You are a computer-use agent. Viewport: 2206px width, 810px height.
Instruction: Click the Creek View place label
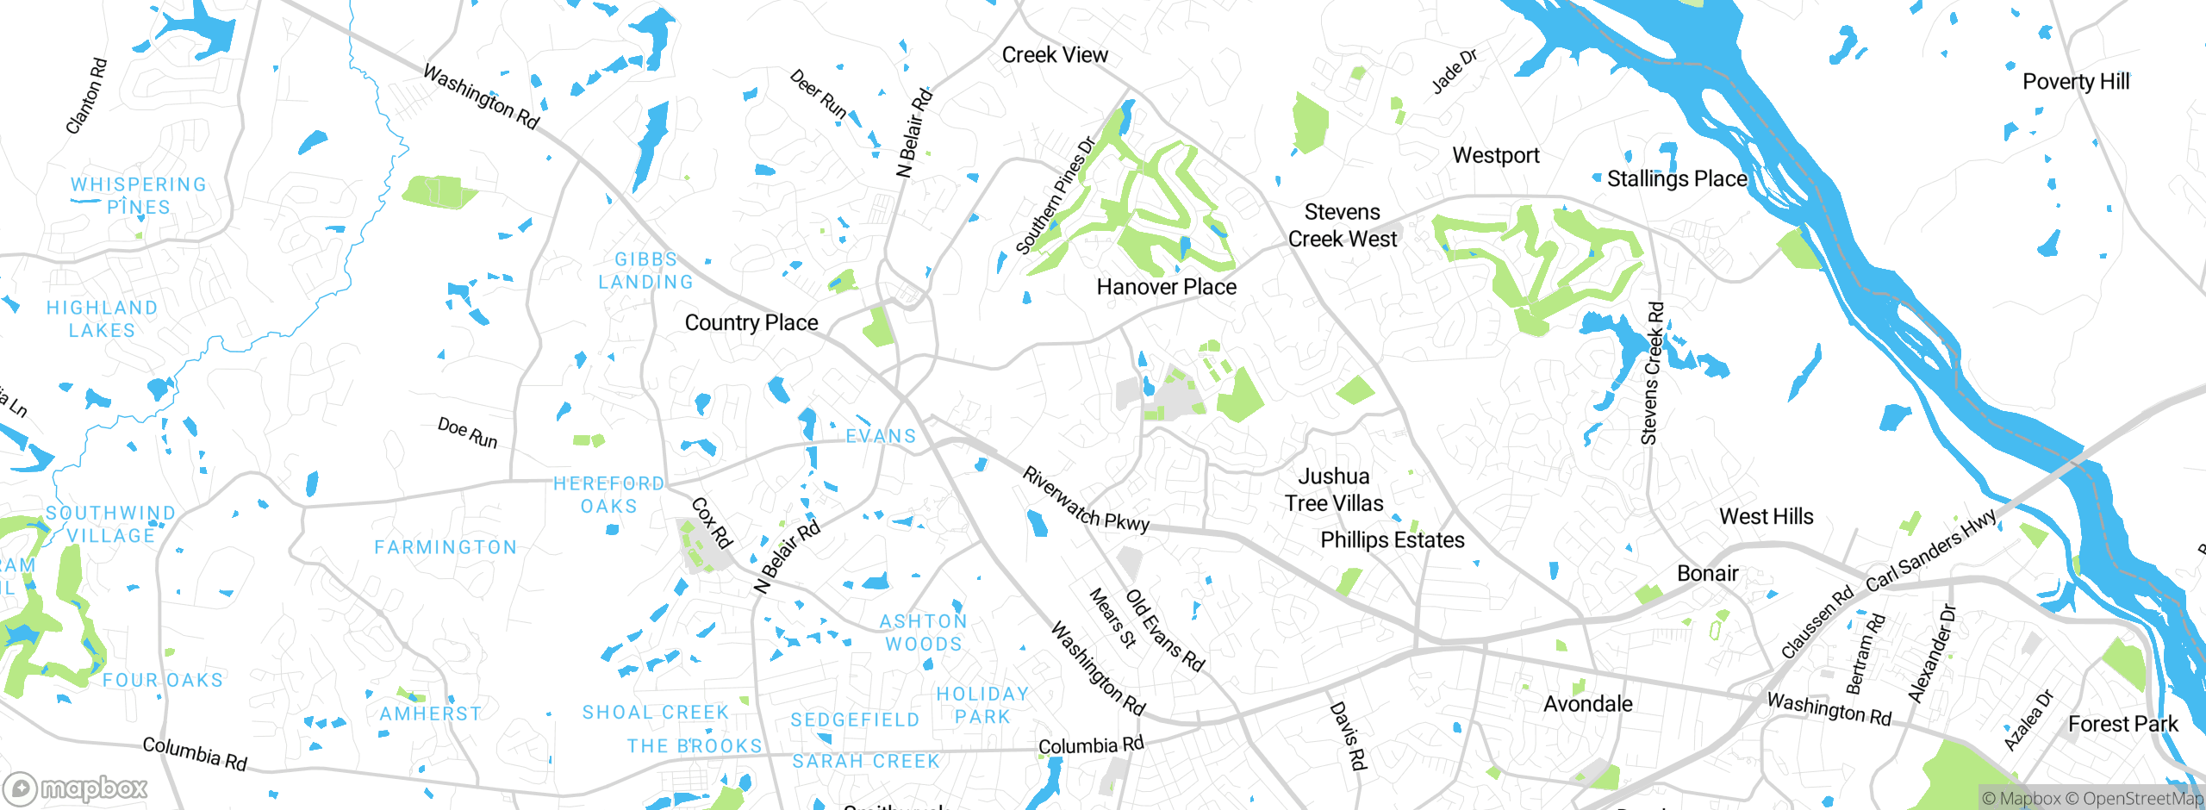point(1055,55)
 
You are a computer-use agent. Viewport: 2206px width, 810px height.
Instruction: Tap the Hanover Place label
point(1166,287)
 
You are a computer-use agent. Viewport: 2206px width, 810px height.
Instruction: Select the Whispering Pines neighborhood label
point(139,196)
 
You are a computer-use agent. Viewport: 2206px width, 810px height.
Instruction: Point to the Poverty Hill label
point(2075,82)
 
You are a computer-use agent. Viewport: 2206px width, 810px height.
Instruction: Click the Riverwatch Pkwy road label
point(1086,500)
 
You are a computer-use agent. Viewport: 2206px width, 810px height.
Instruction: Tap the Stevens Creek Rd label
point(1652,373)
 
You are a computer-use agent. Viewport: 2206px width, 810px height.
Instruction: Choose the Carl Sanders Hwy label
point(1930,551)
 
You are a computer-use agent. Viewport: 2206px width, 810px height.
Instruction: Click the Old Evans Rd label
point(1165,631)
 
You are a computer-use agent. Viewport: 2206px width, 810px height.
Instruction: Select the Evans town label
point(881,436)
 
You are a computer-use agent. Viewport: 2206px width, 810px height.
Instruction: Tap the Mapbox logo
point(76,788)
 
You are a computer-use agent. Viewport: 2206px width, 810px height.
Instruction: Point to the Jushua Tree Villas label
point(1334,489)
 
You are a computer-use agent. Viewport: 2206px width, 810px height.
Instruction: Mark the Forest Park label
point(2122,724)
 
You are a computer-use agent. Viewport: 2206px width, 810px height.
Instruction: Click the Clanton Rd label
point(86,96)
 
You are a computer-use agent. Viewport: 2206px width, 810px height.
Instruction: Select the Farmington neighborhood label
point(446,547)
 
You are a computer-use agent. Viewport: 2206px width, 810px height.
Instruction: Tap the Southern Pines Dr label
point(1055,196)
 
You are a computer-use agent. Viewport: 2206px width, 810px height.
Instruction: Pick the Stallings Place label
point(1677,179)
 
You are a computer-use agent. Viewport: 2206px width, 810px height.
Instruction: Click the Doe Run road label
point(467,433)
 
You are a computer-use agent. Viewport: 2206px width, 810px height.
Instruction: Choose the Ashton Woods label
point(924,632)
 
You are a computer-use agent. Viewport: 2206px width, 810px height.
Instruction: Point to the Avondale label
point(1587,704)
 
